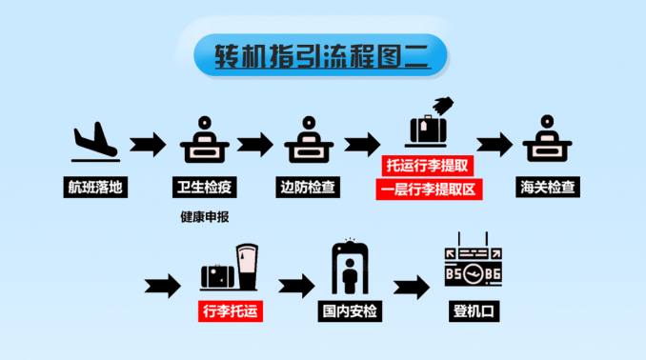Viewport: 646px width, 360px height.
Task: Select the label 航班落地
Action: click(x=95, y=187)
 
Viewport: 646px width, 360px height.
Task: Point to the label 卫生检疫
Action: click(x=203, y=187)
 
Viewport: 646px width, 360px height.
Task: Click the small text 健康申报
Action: click(x=204, y=216)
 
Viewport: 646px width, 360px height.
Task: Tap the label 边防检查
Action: click(x=309, y=187)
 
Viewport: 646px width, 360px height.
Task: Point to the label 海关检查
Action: click(x=548, y=187)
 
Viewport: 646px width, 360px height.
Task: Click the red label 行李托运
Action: click(x=230, y=310)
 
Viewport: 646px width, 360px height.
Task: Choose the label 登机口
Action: click(x=474, y=310)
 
